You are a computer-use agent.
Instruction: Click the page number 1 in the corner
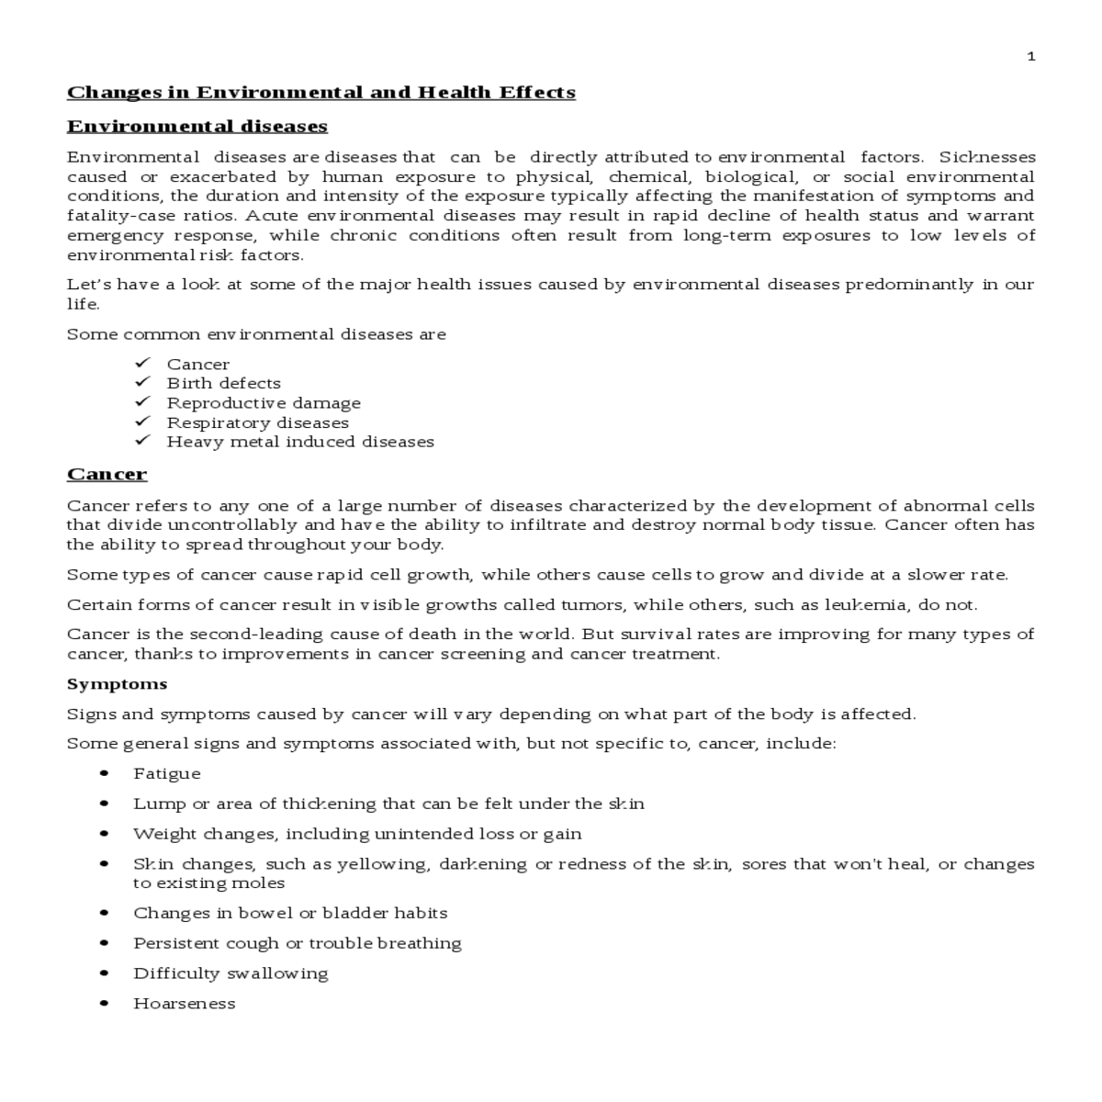point(1030,57)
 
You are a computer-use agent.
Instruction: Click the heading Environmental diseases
point(197,126)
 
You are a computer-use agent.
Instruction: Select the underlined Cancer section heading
point(107,474)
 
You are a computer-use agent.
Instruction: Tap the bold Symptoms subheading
point(117,684)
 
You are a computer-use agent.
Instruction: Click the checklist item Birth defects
point(223,384)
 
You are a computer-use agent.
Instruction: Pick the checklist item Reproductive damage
point(264,403)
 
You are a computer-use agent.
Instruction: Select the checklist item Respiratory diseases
point(257,423)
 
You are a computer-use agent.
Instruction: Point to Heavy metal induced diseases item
point(300,442)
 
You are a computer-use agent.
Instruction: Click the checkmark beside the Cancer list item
point(142,364)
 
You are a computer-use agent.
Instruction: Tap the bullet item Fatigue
point(166,774)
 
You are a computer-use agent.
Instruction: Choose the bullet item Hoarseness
point(184,1004)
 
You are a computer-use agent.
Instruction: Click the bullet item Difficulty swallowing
point(231,973)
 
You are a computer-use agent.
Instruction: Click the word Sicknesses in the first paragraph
point(986,157)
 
